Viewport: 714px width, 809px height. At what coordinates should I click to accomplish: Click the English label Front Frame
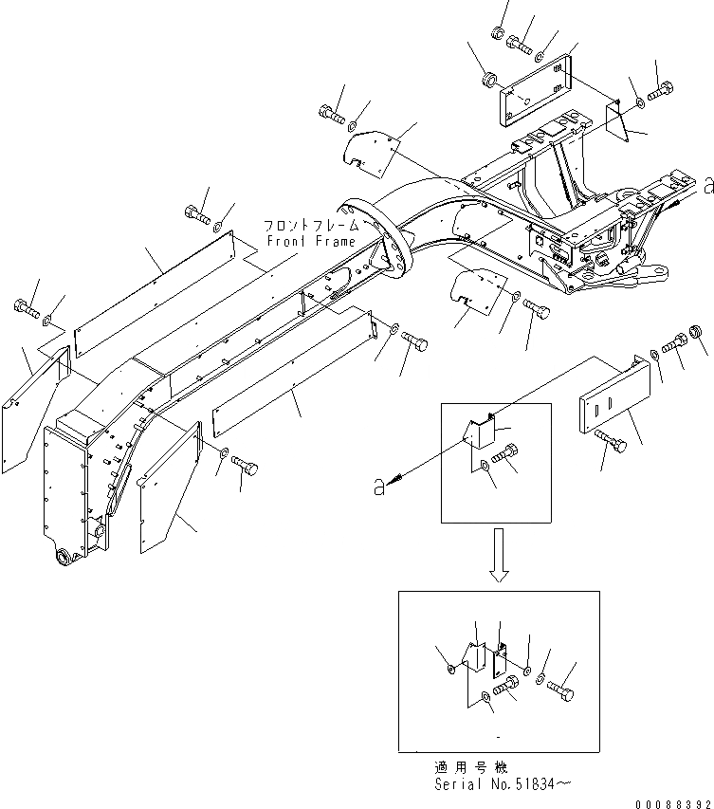pos(297,241)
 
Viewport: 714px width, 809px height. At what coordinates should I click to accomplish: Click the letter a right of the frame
pos(706,186)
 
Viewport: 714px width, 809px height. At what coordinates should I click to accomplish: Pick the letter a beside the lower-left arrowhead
pos(379,487)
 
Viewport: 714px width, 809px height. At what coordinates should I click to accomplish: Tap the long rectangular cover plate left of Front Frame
pos(157,288)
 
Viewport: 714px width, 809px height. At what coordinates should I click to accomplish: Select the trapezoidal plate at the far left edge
pos(34,409)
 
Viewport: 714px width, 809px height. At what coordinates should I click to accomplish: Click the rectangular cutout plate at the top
pos(533,86)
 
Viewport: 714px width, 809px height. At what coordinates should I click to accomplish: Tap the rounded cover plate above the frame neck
pos(370,151)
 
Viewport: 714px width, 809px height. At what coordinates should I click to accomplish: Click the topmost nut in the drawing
pos(498,33)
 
